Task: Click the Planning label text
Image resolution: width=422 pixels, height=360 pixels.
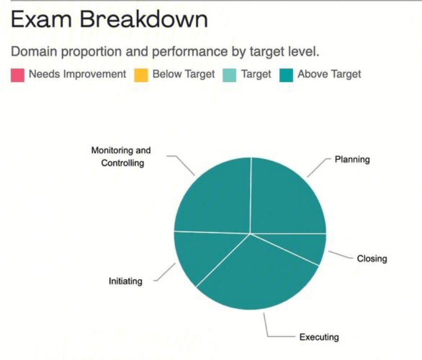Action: [352, 159]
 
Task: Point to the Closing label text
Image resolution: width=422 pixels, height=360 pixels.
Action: [372, 258]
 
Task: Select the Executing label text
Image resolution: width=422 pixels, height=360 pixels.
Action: [319, 337]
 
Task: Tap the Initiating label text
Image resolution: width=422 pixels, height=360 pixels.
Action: [126, 281]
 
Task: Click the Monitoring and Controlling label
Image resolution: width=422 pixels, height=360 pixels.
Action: [121, 156]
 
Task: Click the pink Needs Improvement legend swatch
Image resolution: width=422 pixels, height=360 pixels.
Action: [18, 75]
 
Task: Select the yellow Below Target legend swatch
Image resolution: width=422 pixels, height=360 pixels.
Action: [141, 75]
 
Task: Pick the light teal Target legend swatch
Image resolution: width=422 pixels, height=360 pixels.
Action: [230, 75]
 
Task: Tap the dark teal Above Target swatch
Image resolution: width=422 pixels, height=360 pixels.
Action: [286, 75]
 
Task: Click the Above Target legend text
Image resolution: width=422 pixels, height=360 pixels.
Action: [329, 74]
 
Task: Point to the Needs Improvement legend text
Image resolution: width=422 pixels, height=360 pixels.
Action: [77, 74]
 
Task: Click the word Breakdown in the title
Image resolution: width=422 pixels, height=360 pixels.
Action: [144, 19]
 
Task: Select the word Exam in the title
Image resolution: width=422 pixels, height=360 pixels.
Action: [42, 19]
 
